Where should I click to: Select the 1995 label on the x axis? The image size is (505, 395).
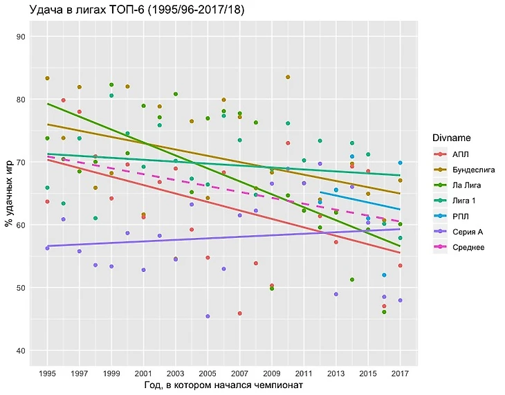tap(47, 373)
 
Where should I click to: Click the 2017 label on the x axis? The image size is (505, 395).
tap(400, 373)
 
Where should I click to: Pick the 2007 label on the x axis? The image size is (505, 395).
tap(239, 373)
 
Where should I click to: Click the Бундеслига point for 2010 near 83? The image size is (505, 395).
tap(288, 77)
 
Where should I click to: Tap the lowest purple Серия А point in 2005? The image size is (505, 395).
tap(208, 316)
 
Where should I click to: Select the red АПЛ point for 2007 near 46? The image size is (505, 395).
tap(239, 313)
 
